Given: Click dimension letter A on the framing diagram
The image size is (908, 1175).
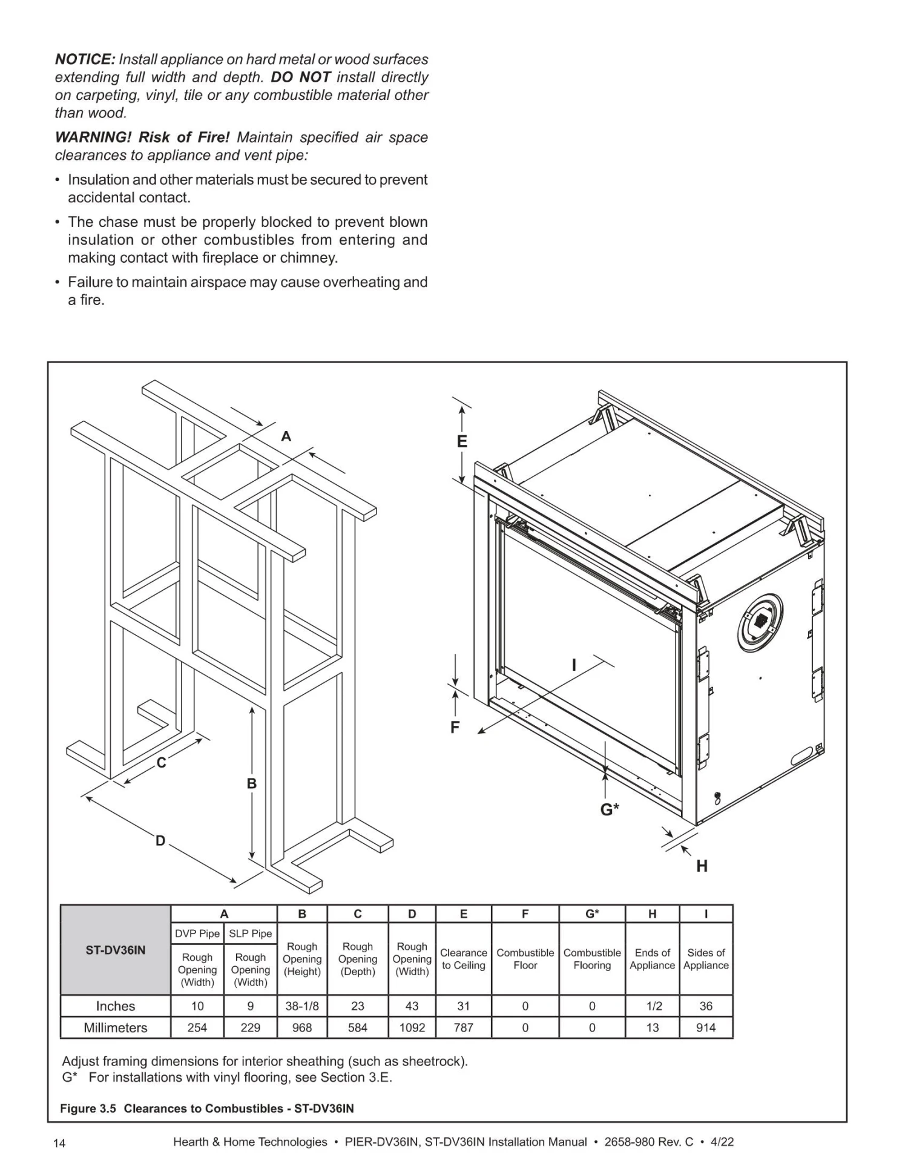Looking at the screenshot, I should pyautogui.click(x=286, y=436).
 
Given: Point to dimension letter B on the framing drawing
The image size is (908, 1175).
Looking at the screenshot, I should pyautogui.click(x=252, y=783).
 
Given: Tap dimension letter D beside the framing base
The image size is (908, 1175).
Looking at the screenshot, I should pyautogui.click(x=160, y=840).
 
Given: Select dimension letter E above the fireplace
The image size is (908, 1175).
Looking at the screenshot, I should pyautogui.click(x=462, y=441).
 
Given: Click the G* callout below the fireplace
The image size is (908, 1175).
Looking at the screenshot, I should pyautogui.click(x=610, y=809).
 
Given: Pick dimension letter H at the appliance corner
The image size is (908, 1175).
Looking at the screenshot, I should pyautogui.click(x=702, y=866).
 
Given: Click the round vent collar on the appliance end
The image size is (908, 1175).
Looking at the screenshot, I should pyautogui.click(x=760, y=622).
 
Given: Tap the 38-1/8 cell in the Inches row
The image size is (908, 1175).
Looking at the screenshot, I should pyautogui.click(x=302, y=1006).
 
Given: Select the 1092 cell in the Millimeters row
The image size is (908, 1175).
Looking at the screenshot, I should pyautogui.click(x=412, y=1027).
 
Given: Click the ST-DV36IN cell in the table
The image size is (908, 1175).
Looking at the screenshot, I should pyautogui.click(x=116, y=950).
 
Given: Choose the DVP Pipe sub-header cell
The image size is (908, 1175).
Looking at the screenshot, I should pyautogui.click(x=197, y=933).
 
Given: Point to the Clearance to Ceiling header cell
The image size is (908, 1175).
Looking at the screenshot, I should pyautogui.click(x=463, y=959).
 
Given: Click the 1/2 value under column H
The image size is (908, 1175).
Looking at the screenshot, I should pyautogui.click(x=653, y=1006).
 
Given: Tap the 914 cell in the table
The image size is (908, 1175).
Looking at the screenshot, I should pyautogui.click(x=706, y=1027).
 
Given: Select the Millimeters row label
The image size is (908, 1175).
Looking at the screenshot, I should pyautogui.click(x=116, y=1027).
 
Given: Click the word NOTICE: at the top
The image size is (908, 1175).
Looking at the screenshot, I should pyautogui.click(x=85, y=59).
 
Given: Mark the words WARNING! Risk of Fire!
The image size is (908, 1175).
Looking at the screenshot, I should pyautogui.click(x=142, y=137).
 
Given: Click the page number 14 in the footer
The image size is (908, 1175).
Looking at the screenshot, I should pyautogui.click(x=59, y=1143).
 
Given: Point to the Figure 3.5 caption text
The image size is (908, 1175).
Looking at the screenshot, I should pyautogui.click(x=206, y=1108).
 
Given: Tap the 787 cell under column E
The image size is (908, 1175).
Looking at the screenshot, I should pyautogui.click(x=463, y=1027).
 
